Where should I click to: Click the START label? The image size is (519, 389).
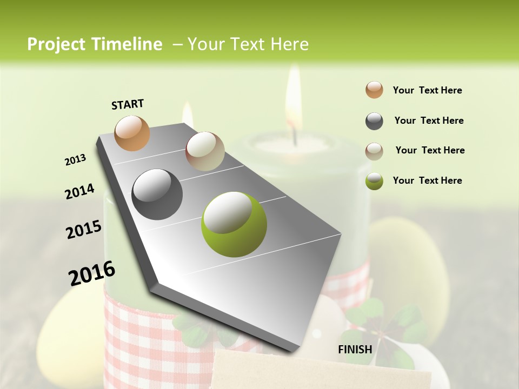[x=128, y=104]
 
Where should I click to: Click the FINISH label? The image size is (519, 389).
[x=355, y=349]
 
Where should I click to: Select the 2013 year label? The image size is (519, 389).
[x=76, y=160]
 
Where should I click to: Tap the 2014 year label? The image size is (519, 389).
[x=79, y=191]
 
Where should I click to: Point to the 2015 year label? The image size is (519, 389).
[x=84, y=230]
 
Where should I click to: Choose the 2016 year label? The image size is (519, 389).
[x=92, y=273]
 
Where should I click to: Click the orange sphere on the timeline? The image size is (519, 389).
[x=132, y=133]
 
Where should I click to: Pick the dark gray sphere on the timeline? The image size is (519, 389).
[x=157, y=194]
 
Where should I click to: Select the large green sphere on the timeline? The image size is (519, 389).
[x=234, y=224]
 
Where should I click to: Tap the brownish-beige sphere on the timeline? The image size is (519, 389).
[x=205, y=151]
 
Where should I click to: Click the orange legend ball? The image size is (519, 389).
[x=374, y=90]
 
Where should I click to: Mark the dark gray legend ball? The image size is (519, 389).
[x=374, y=121]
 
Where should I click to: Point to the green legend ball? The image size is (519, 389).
[x=374, y=181]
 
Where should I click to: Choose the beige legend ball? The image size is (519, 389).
[x=374, y=151]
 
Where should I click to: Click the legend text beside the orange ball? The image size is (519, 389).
[x=427, y=90]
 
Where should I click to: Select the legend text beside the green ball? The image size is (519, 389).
[x=427, y=180]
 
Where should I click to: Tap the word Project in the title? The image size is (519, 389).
[x=55, y=44]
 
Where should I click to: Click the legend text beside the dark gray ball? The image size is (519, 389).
[x=429, y=120]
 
